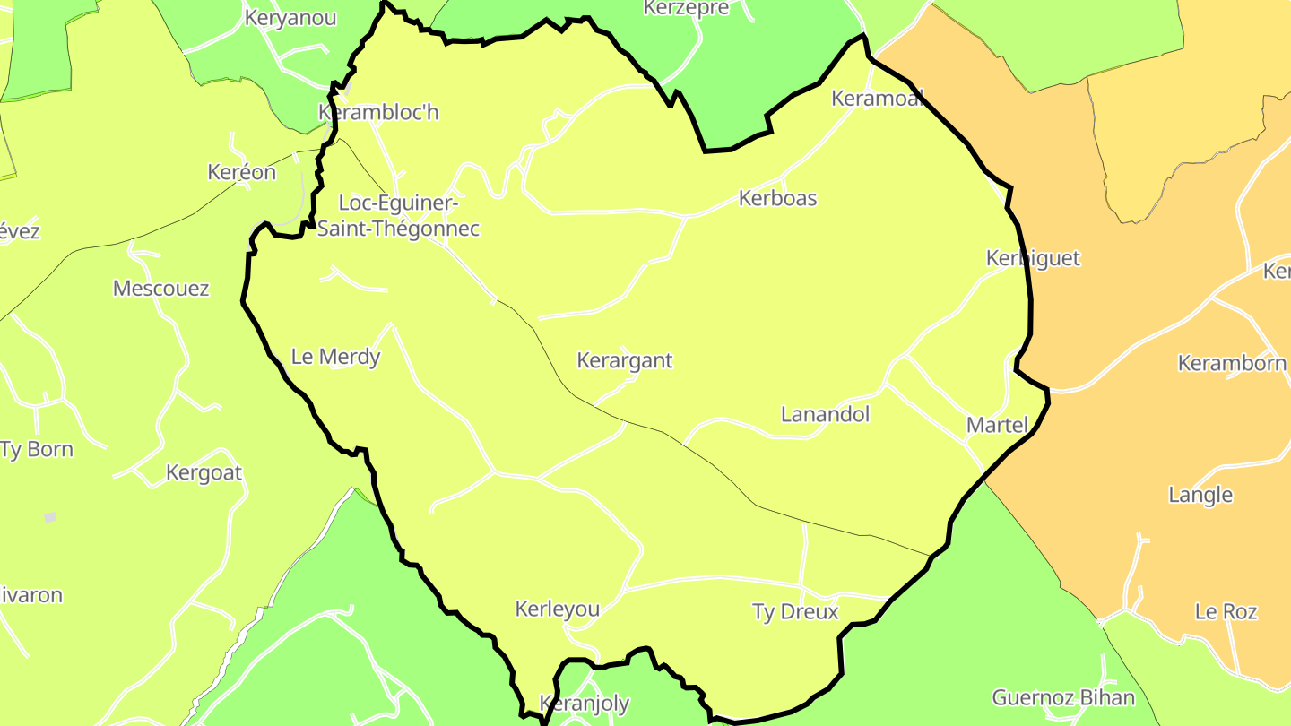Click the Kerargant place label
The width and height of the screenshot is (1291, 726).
[624, 360]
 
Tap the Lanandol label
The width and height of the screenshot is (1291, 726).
[825, 414]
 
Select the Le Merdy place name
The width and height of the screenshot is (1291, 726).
[336, 357]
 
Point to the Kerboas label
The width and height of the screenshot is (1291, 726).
[777, 198]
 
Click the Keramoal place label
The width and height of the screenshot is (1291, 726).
[877, 99]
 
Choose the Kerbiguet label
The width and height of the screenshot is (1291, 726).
[1033, 258]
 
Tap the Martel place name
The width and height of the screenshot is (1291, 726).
[997, 425]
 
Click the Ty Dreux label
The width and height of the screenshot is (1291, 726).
[795, 611]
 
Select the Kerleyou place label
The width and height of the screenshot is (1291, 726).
[557, 609]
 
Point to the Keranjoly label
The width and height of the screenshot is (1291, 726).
[584, 704]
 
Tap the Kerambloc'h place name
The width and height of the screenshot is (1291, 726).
[378, 113]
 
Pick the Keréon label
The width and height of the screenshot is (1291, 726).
[241, 172]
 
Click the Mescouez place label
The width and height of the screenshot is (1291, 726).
[160, 288]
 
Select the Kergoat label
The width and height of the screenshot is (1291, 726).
[204, 472]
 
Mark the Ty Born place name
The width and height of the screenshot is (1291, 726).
[37, 449]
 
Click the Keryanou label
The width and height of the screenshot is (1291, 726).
[290, 18]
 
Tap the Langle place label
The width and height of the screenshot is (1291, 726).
[1200, 495]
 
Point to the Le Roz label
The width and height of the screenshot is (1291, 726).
[1226, 611]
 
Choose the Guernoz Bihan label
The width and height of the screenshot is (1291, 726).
[1063, 697]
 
